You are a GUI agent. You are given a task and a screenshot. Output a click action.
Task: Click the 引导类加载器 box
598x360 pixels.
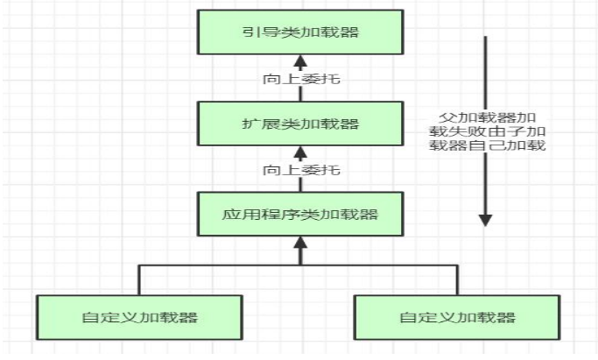pos(300,32)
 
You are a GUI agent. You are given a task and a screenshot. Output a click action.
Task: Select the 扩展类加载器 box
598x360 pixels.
pos(300,123)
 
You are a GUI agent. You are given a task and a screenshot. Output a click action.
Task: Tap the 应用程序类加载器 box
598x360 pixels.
pos(300,213)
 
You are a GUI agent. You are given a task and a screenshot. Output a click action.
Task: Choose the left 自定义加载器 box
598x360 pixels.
pos(139,316)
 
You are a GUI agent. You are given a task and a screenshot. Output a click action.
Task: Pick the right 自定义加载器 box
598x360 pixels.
pos(456,316)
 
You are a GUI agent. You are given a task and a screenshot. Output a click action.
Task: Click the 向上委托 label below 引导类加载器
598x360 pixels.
pos(300,79)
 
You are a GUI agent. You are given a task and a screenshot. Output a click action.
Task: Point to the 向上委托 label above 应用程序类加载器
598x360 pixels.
pos(300,169)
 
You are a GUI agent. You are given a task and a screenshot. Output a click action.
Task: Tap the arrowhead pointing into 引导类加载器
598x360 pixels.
pos(300,60)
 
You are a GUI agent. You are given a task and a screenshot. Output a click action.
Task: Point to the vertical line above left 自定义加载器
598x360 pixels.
pos(139,279)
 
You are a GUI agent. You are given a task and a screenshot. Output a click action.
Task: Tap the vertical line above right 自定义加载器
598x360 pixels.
pos(456,279)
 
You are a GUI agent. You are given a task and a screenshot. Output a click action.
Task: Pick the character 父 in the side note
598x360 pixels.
pos(447,116)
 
